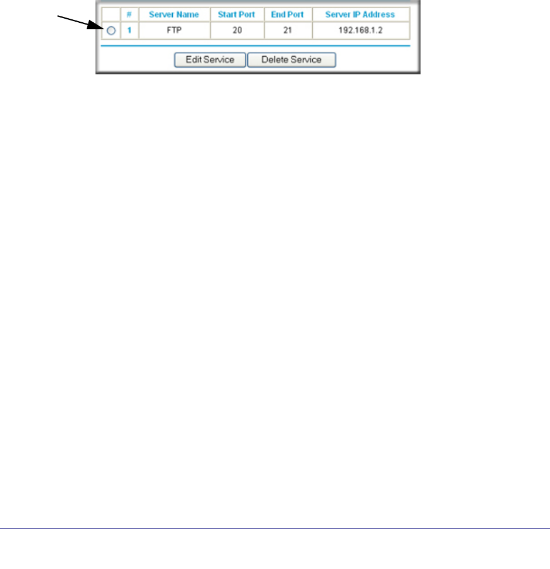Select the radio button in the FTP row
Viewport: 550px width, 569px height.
(x=111, y=30)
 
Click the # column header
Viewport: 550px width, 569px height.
(x=129, y=14)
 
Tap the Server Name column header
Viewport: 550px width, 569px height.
(x=174, y=14)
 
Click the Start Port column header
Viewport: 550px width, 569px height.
(x=237, y=14)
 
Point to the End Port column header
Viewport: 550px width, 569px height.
(x=288, y=14)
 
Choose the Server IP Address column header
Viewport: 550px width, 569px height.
(x=360, y=14)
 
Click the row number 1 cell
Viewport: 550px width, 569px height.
(x=129, y=30)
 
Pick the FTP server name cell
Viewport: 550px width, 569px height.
(x=174, y=30)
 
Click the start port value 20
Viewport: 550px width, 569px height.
(x=237, y=30)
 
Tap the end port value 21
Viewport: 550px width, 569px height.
(x=288, y=30)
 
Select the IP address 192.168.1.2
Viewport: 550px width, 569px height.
(x=360, y=30)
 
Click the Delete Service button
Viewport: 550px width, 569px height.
(x=291, y=60)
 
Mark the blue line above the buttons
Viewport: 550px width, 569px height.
(x=255, y=46)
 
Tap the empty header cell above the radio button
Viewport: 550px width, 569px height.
(x=111, y=14)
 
